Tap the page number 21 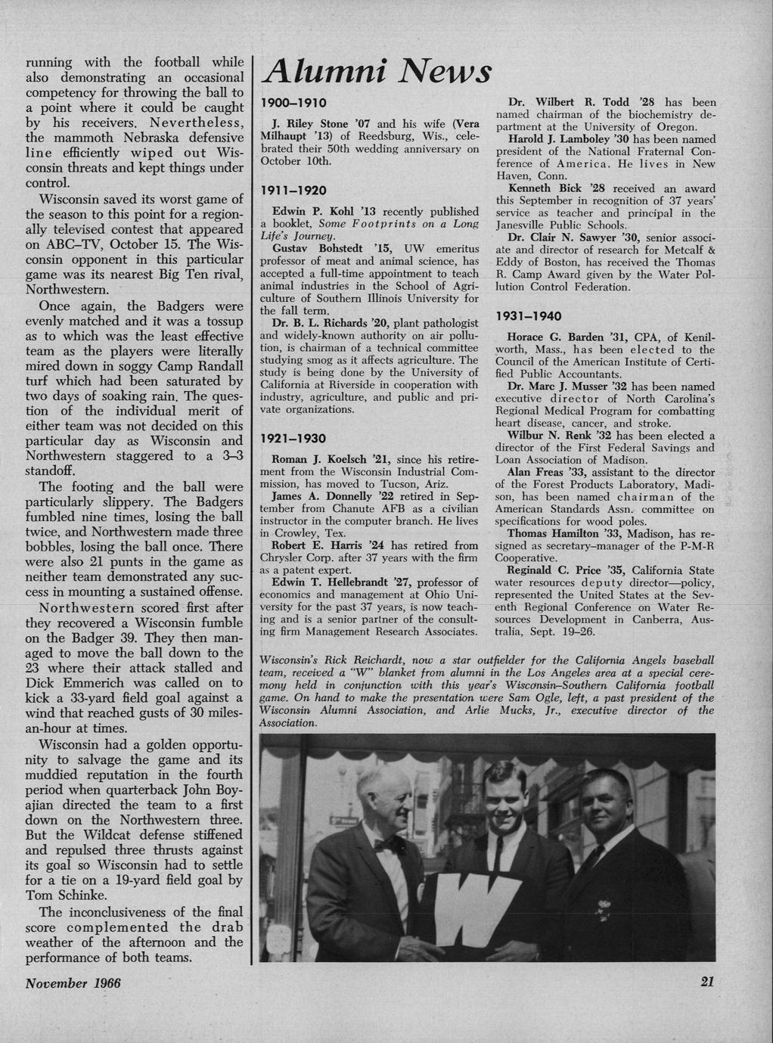tap(707, 982)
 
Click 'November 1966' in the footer tap(73, 982)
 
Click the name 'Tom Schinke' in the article tap(61, 896)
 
